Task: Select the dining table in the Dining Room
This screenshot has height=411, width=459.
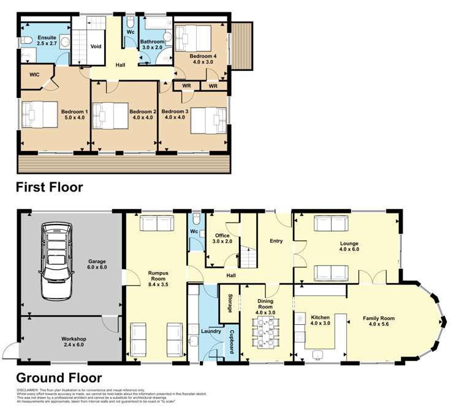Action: pyautogui.click(x=266, y=333)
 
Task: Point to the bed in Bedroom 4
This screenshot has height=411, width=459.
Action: pyautogui.click(x=192, y=39)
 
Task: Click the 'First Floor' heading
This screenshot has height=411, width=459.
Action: pyautogui.click(x=49, y=187)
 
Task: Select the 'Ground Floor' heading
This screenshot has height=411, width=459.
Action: pyautogui.click(x=59, y=378)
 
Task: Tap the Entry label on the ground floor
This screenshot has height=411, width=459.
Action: pyautogui.click(x=276, y=241)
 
